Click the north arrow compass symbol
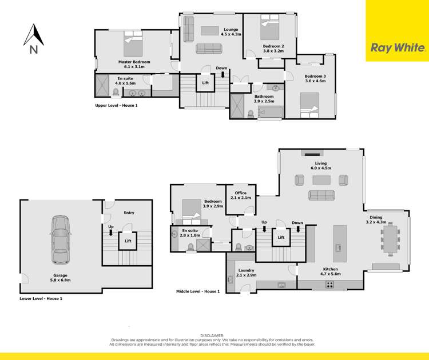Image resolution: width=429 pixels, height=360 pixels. click(34, 38)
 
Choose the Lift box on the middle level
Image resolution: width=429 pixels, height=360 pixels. click(281, 237)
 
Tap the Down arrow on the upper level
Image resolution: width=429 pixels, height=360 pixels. click(222, 71)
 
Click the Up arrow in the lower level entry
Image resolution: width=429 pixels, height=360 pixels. click(111, 230)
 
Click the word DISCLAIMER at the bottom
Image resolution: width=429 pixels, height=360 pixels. click(213, 336)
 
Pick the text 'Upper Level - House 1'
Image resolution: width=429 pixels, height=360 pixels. click(117, 106)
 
